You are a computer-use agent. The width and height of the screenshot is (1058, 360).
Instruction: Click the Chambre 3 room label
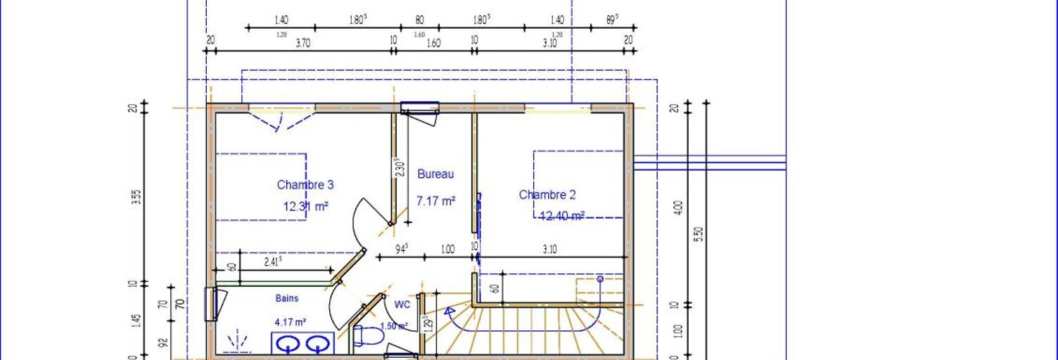pos(305,185)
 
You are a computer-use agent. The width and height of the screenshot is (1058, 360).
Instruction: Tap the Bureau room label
pos(435,174)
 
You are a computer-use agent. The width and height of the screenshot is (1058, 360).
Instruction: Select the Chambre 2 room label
pos(547,195)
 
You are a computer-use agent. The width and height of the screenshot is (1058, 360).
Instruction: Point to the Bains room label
pos(286,298)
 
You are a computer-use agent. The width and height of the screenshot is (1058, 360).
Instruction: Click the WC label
pos(402,304)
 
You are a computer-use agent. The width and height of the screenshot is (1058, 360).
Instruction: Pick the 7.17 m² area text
pos(435,201)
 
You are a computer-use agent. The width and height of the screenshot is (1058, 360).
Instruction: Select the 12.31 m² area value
pos(306,207)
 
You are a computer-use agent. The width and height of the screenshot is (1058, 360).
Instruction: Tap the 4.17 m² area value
pos(290,323)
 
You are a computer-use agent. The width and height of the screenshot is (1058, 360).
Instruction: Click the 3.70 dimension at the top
pos(302,43)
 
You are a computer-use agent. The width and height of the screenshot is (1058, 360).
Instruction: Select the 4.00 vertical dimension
pos(678,208)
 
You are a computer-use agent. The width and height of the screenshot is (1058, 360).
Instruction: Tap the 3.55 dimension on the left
pos(137,197)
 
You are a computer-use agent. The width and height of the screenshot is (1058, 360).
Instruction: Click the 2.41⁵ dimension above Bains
pos(273,262)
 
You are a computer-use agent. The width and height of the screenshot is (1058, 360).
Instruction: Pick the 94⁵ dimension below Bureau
pos(401,249)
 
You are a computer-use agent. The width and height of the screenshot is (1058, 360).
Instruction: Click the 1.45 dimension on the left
pos(137,321)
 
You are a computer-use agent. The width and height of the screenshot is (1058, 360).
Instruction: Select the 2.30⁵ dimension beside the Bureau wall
pos(400,167)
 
